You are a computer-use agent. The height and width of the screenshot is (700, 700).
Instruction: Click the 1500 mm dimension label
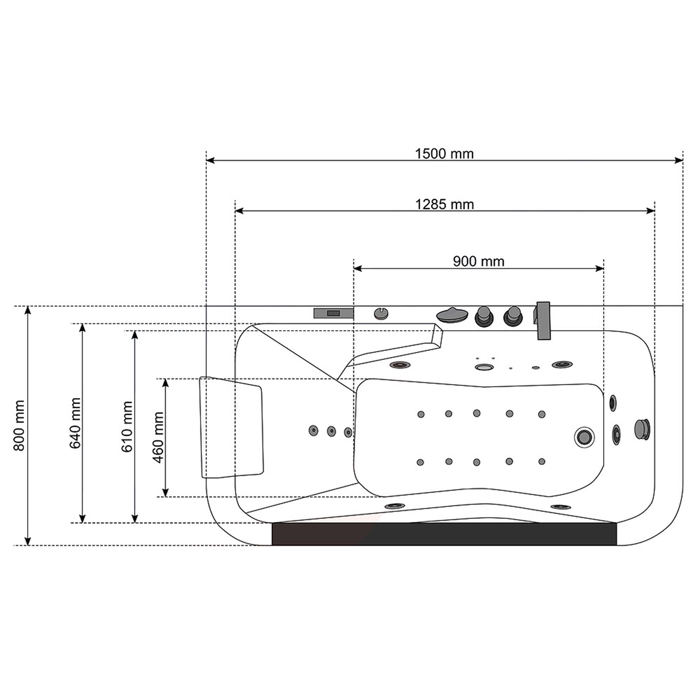click(x=444, y=154)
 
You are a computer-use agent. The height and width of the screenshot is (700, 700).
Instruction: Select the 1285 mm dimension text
click(x=444, y=205)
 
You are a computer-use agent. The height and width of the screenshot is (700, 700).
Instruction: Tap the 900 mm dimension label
click(x=478, y=261)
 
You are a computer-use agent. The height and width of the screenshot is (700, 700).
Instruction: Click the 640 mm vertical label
click(x=75, y=423)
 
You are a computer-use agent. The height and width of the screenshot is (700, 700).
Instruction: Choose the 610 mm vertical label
click(x=127, y=427)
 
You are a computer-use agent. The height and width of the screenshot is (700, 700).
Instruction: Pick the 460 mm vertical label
click(x=158, y=437)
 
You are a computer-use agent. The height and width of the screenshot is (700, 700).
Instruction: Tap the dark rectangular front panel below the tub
click(x=444, y=534)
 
